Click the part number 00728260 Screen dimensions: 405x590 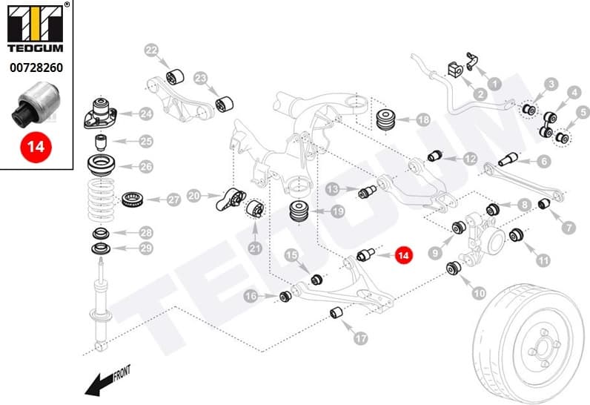coord(35,67)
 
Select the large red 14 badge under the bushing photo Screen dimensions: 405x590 coord(35,146)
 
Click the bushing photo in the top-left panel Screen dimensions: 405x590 coord(35,104)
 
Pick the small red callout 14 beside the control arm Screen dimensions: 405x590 coord(403,256)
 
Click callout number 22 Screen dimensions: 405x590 coord(151,51)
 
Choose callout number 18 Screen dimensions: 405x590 coord(423,119)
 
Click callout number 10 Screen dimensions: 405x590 coord(480,292)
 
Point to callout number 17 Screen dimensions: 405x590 coord(360,338)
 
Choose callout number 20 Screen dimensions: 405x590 coord(194,196)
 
